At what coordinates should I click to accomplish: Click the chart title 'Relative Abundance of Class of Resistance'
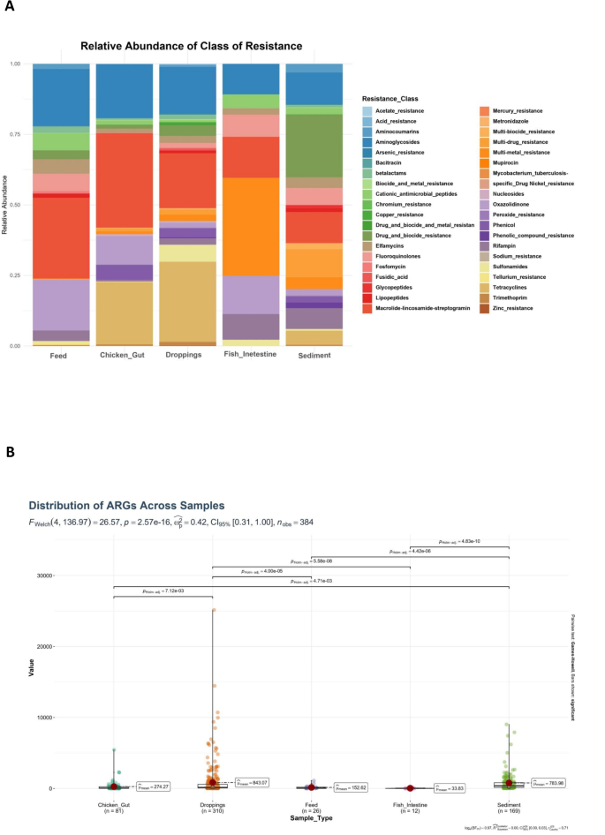[x=191, y=45]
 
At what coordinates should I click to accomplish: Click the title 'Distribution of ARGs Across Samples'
[x=127, y=506]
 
